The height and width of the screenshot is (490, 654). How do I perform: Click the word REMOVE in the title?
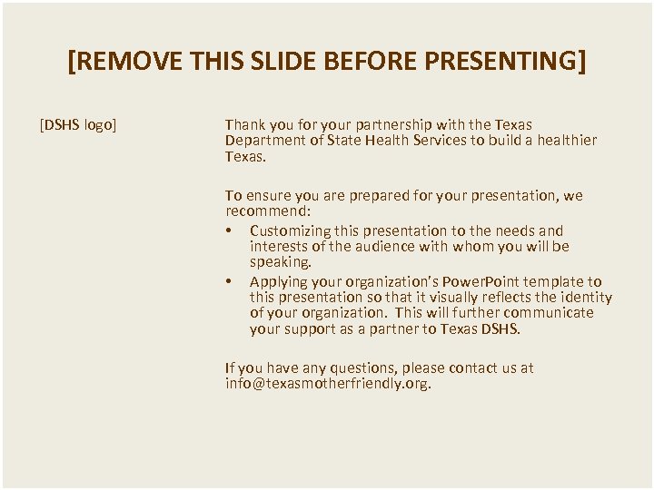(x=131, y=62)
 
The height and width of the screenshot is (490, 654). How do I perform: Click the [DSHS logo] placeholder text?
(x=78, y=124)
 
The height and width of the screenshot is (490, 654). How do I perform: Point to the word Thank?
(x=244, y=124)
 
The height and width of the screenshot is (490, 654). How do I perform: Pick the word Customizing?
(x=290, y=230)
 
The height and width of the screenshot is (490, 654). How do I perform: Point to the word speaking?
(x=280, y=261)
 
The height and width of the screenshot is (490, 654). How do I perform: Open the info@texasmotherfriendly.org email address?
(x=328, y=383)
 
